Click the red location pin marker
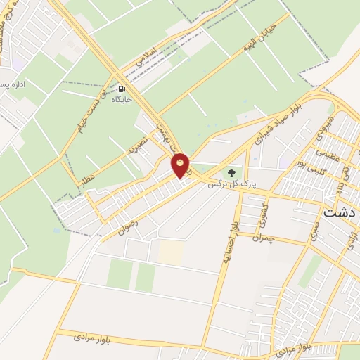click(181, 166)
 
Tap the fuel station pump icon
click(123, 89)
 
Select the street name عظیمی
click(328, 153)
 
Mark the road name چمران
click(281, 238)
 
